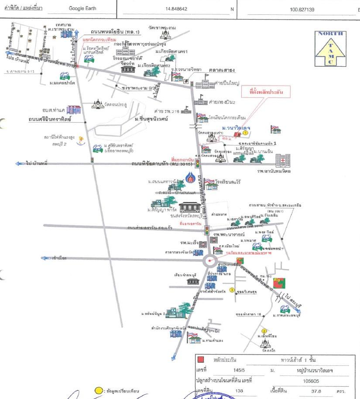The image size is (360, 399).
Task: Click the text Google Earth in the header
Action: click(x=82, y=8)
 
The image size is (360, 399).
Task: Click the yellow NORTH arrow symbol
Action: click(x=330, y=48)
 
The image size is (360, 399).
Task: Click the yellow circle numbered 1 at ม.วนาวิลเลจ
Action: click(x=246, y=133)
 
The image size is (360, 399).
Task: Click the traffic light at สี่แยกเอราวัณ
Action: click(x=209, y=230)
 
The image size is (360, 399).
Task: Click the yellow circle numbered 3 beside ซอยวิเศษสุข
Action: click(x=232, y=290)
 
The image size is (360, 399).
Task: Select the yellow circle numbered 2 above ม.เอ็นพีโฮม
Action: click(x=264, y=330)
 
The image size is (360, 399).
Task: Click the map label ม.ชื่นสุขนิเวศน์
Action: click(x=151, y=119)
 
